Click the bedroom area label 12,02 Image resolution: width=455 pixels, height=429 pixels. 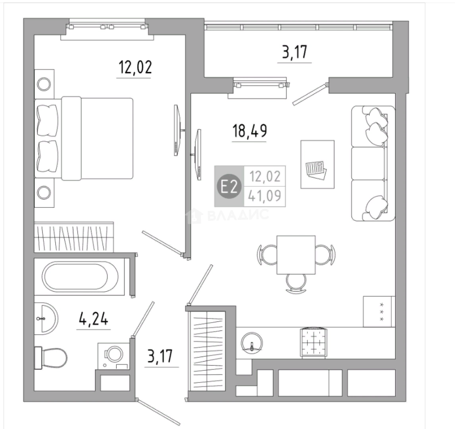[x=135, y=68]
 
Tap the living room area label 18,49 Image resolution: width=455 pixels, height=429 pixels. [x=250, y=131]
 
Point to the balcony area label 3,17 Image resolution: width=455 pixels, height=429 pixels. [x=294, y=52]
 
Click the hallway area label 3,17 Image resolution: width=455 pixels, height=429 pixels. [x=160, y=356]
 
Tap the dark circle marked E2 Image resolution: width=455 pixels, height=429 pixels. [x=229, y=187]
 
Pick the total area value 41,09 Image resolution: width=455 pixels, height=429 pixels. [x=265, y=196]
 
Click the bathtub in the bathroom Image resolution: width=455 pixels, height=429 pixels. [x=80, y=276]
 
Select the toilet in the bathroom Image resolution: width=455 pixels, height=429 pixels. [x=51, y=357]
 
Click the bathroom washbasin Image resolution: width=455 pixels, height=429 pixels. [x=46, y=318]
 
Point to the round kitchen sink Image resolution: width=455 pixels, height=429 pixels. [x=252, y=342]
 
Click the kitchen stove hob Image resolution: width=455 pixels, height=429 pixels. [x=379, y=312]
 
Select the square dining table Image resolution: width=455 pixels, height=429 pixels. [x=296, y=255]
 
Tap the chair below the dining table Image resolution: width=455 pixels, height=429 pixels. [x=296, y=283]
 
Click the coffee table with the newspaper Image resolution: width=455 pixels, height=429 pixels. [x=317, y=164]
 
